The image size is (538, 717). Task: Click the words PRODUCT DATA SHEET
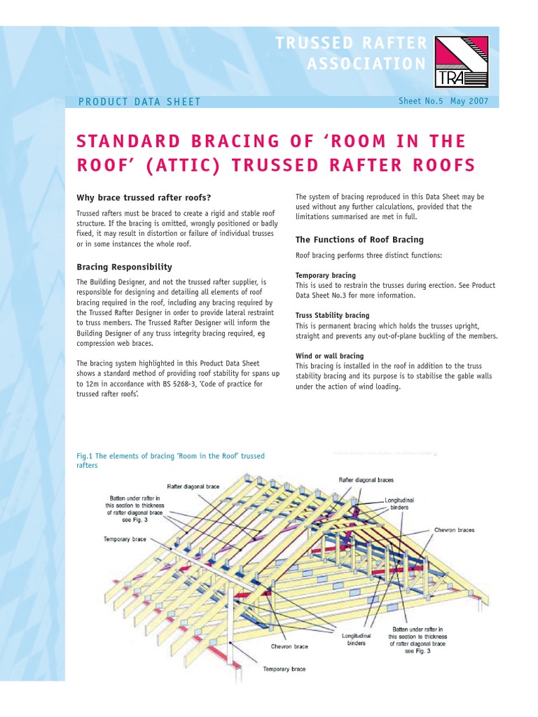[x=139, y=102]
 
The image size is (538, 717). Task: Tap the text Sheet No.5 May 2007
[x=443, y=101]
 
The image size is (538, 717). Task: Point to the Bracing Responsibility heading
[x=124, y=267]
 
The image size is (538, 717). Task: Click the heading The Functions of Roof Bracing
[x=359, y=239]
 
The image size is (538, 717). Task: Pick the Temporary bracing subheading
[x=325, y=275]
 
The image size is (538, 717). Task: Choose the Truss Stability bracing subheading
[x=332, y=315]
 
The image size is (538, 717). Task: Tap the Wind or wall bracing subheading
[x=329, y=356]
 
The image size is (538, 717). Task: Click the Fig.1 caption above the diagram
[x=171, y=460]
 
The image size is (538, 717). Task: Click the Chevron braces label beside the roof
[x=454, y=530]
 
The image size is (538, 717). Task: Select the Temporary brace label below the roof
[x=284, y=669]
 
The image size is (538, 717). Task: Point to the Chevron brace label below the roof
[x=291, y=646]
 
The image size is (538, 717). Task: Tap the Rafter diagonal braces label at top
[x=366, y=480]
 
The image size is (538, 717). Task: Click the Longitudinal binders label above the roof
[x=399, y=504]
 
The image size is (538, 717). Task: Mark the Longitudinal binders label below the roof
[x=357, y=639]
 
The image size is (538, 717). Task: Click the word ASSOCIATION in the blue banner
[x=366, y=64]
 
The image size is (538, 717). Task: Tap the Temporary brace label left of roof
[x=125, y=539]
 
